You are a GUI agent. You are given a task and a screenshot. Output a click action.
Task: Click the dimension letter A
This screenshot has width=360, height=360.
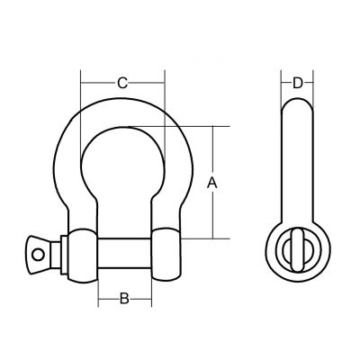[212, 183]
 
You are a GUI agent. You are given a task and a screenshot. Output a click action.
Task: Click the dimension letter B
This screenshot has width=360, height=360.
[124, 299]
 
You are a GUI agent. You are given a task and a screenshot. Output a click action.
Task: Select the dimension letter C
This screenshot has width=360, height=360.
[122, 83]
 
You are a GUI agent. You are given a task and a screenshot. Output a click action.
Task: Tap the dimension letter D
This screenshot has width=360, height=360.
[298, 83]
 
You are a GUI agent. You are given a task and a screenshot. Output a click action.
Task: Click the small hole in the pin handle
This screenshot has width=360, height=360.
[38, 255]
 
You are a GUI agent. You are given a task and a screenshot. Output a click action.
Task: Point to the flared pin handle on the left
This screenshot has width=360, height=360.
[39, 255]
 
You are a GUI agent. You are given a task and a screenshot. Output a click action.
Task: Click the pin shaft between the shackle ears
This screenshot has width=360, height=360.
[124, 254]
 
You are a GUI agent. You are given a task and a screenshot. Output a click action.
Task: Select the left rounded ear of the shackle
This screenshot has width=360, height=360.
[83, 256]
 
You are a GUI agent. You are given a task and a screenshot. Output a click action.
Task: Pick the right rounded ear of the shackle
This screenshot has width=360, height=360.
[166, 255]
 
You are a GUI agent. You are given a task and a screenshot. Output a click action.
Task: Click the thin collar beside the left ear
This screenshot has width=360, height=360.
[64, 255]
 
